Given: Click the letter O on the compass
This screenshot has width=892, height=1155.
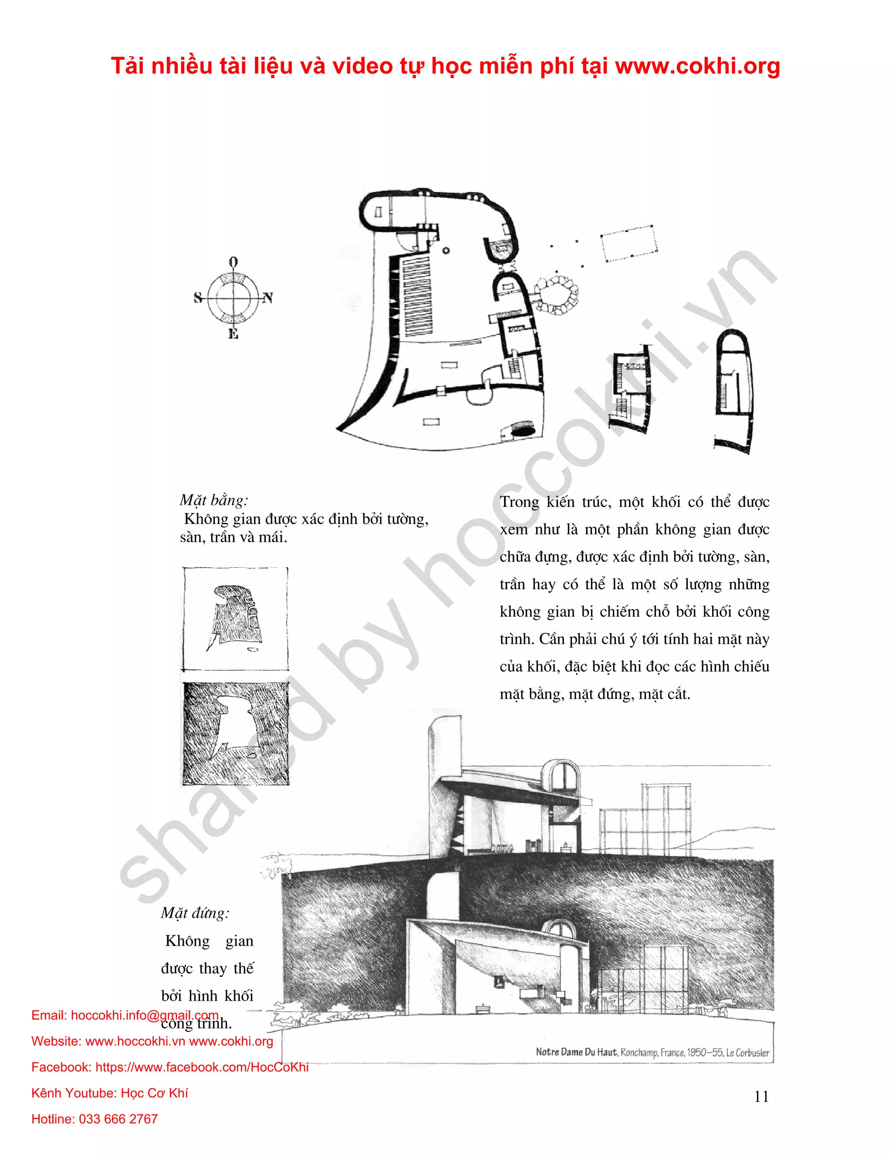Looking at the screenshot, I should tap(233, 262).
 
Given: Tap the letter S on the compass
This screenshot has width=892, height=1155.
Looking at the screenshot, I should tap(198, 298).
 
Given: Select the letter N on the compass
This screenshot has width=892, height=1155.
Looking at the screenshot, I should tap(268, 298).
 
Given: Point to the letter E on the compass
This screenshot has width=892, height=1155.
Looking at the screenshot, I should tap(233, 334).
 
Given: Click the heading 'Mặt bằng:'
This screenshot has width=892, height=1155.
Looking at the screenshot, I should tap(213, 500).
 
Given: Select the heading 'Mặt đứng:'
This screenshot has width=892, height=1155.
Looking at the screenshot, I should tap(195, 913).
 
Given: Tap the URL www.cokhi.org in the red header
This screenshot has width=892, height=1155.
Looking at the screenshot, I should tap(698, 66).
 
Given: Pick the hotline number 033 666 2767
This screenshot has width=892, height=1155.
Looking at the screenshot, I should tap(118, 1118).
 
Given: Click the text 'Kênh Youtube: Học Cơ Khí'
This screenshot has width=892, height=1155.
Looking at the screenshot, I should tap(109, 1093).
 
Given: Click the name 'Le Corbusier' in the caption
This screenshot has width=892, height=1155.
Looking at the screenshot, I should tap(747, 1053).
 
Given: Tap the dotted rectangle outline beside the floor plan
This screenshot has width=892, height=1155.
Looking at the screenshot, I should tap(628, 243).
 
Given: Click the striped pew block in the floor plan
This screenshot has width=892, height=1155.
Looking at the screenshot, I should tap(417, 296).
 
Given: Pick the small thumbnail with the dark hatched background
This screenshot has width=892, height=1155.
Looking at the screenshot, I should tap(236, 734).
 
